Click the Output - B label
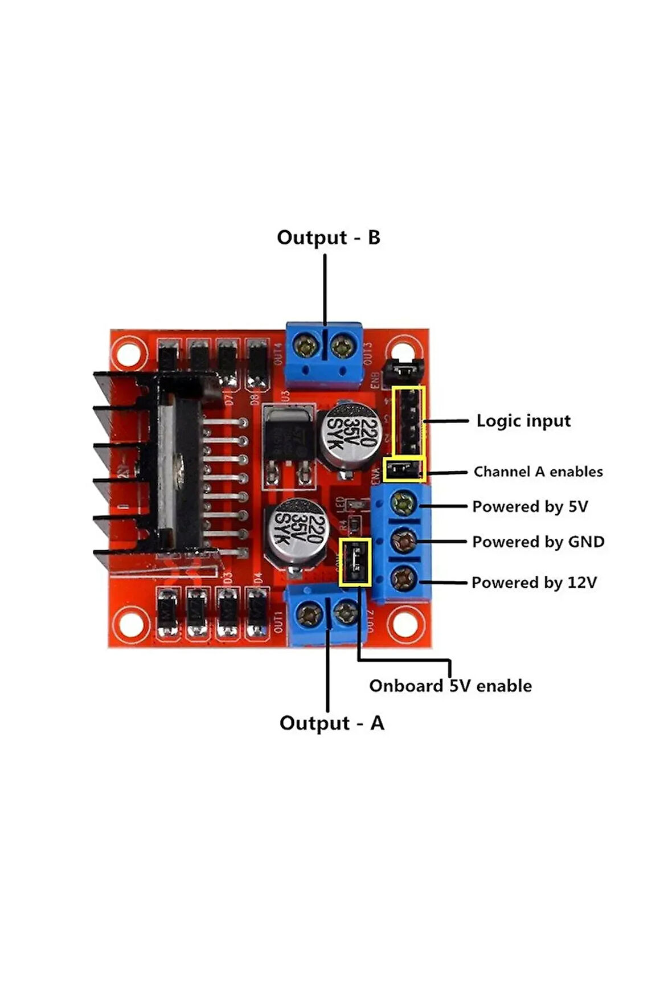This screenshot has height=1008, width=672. click(328, 237)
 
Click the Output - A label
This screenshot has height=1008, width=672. click(331, 723)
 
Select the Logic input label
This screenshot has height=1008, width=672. click(523, 421)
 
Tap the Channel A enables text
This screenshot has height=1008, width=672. click(538, 472)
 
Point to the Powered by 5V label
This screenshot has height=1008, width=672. click(530, 506)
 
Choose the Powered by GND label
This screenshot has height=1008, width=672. click(538, 542)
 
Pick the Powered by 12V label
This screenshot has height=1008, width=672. click(534, 583)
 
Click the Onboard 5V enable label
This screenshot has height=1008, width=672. click(450, 686)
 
